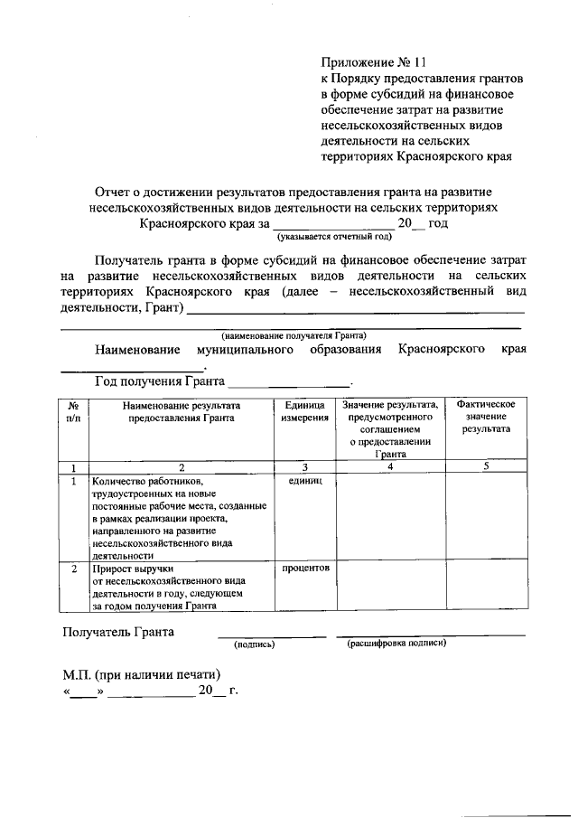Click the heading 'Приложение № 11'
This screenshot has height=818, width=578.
click(372, 63)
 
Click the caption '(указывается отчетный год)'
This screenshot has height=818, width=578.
click(334, 237)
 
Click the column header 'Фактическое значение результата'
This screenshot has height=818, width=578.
click(486, 417)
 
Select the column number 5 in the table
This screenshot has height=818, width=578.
click(486, 466)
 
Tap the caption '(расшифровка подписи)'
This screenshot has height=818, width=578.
click(396, 644)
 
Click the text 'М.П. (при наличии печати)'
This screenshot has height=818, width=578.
click(142, 674)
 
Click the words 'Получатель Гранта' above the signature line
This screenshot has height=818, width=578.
click(118, 631)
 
